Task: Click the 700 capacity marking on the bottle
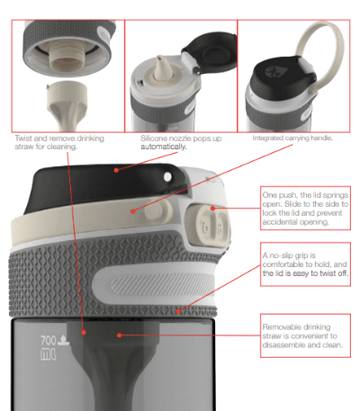click(49, 341)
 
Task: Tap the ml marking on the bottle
click(48, 354)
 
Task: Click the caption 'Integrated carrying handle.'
click(292, 138)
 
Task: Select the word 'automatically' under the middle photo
click(164, 147)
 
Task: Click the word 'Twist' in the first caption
click(23, 138)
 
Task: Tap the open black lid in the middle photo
click(210, 51)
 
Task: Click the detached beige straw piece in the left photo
click(67, 105)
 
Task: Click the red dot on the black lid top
click(116, 170)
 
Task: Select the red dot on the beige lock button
click(212, 208)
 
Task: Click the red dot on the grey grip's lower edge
click(178, 312)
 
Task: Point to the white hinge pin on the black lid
click(167, 177)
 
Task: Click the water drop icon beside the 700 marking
click(63, 340)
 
